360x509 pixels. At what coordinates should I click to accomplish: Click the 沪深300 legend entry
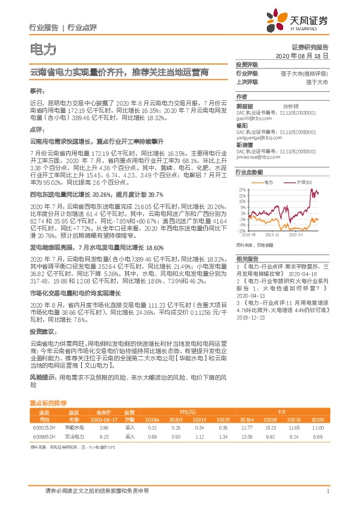click(x=304, y=181)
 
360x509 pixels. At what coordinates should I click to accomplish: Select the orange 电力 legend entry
click(x=267, y=181)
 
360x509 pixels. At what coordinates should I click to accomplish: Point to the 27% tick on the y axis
click(x=242, y=189)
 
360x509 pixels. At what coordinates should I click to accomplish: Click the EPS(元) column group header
click(x=179, y=411)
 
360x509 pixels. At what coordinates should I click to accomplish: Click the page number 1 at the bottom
click(x=327, y=491)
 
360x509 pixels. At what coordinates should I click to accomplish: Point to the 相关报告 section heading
click(x=247, y=257)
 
